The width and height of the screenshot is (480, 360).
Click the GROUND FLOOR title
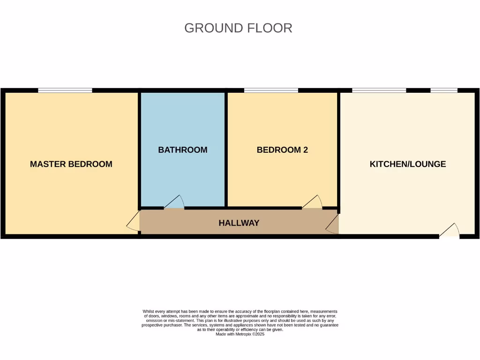[238, 28]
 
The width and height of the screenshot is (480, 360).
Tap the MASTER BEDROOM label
[71, 164]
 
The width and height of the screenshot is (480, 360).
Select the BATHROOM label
[182, 150]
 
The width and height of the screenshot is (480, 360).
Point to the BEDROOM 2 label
[282, 150]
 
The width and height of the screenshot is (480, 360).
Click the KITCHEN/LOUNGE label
[407, 164]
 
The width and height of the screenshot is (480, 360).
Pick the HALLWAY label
[239, 223]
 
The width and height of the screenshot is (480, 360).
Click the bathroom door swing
[174, 202]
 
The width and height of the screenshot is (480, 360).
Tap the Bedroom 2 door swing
[313, 202]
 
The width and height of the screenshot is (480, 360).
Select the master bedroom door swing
[134, 221]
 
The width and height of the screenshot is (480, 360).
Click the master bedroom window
[65, 90]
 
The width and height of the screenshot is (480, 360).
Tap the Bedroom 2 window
[271, 90]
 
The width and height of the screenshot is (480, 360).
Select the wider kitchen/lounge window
[379, 90]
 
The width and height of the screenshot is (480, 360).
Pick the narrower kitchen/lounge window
[443, 90]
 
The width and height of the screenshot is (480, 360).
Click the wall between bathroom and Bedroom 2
[226, 149]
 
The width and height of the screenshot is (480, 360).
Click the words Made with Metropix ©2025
[240, 334]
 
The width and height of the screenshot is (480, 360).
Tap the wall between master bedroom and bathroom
[139, 149]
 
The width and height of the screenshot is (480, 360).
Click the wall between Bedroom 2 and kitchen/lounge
[338, 149]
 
